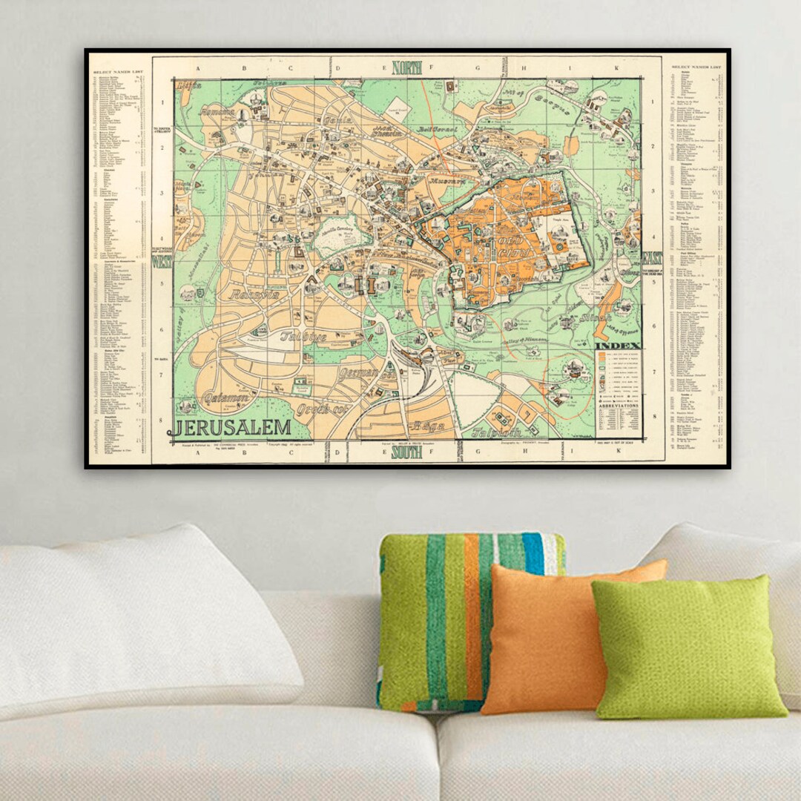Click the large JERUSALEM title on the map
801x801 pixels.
[234, 428]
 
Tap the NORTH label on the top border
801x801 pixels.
[406, 67]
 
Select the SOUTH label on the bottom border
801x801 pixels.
[406, 452]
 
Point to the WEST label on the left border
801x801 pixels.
[162, 261]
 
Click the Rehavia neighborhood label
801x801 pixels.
[254, 294]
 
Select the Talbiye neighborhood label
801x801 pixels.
[303, 336]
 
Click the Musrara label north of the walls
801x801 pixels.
[444, 179]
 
